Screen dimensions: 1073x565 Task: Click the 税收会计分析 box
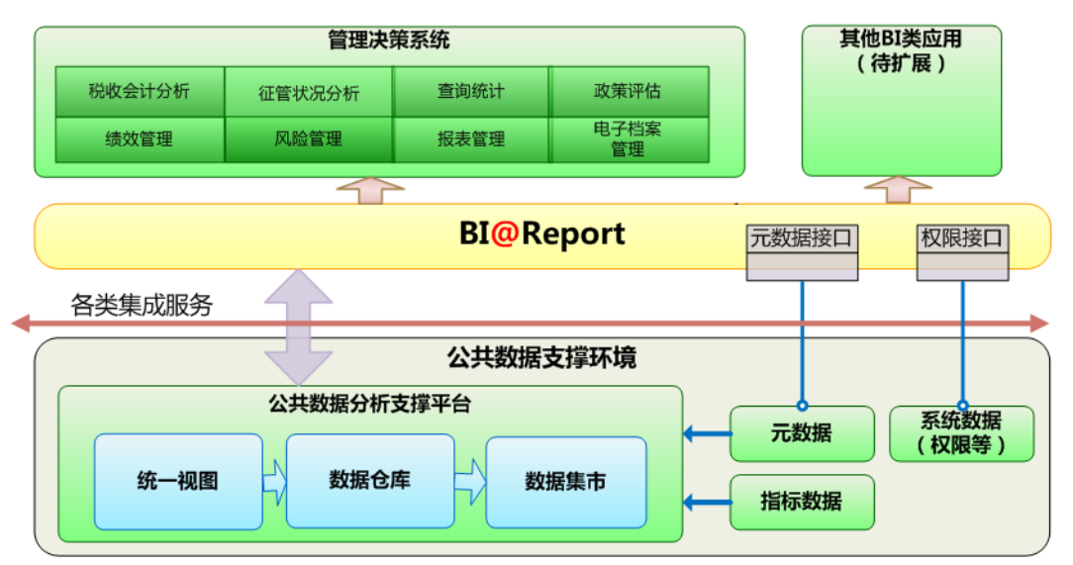point(140,91)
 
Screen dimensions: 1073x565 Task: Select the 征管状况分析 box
point(309,91)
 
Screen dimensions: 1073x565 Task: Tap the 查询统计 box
point(471,91)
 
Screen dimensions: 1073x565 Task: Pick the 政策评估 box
point(629,91)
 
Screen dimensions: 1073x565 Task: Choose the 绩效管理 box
point(140,140)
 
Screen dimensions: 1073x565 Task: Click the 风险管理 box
point(309,140)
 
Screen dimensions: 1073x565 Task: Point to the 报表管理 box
point(471,140)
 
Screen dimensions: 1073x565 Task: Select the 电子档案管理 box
point(629,140)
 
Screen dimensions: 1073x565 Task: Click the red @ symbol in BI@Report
point(504,234)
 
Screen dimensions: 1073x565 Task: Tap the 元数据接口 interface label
point(802,238)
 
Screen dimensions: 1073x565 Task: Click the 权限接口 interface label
point(962,238)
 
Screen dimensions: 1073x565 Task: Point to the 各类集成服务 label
point(142,305)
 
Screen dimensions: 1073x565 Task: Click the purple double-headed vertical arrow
point(298,327)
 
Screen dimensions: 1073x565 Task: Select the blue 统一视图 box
point(178,482)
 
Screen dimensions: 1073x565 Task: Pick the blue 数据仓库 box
point(370,481)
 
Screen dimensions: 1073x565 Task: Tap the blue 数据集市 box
point(566,482)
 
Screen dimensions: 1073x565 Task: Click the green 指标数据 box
point(802,502)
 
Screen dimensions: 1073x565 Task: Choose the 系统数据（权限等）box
point(961,433)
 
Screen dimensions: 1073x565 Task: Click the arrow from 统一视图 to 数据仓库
point(274,482)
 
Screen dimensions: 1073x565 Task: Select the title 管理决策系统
point(389,41)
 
